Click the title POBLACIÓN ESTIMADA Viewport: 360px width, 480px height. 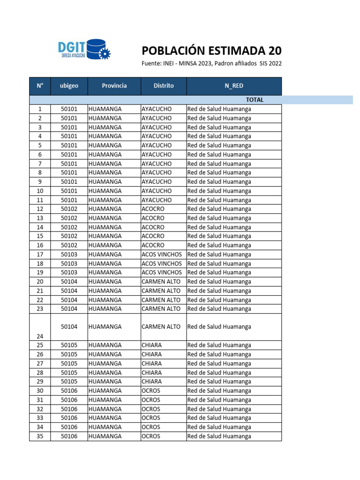[x=211, y=51]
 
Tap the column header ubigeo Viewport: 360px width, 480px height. [x=69, y=86]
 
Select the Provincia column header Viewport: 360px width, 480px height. [x=114, y=86]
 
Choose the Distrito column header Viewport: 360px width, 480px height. [x=164, y=86]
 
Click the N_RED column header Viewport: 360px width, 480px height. [x=233, y=86]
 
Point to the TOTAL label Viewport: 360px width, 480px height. [x=255, y=100]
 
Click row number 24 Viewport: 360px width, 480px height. [x=40, y=336]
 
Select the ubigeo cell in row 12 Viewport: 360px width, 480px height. [x=69, y=209]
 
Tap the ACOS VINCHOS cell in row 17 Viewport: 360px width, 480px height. [x=162, y=254]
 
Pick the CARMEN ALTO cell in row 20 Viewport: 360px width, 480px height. [x=161, y=281]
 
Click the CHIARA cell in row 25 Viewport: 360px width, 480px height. [x=151, y=345]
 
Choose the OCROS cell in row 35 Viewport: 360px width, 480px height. [x=151, y=436]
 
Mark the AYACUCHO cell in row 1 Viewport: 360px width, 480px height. [x=157, y=109]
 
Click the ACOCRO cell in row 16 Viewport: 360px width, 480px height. [x=153, y=245]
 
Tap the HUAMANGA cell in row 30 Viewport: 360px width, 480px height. [x=105, y=390]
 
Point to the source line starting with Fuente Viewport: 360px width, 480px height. [x=211, y=64]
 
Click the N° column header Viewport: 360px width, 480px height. [x=40, y=86]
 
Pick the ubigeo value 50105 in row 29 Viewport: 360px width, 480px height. [x=69, y=381]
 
